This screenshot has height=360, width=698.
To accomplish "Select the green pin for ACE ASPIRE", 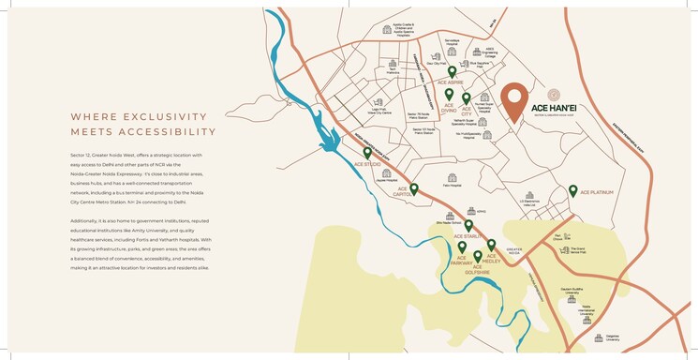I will click(453, 72).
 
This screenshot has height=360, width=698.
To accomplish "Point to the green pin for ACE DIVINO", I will click(449, 95).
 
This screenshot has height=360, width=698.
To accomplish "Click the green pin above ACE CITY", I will click(466, 98).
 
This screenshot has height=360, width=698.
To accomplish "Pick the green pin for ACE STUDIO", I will click(367, 153).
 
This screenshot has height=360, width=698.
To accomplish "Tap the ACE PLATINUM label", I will click(596, 192).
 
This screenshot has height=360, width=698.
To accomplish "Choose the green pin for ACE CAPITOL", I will click(413, 188).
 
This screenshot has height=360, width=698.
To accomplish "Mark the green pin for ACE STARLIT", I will click(468, 225).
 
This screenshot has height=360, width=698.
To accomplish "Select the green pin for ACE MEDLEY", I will click(491, 245).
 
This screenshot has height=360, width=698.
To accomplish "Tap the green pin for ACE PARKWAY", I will click(462, 247).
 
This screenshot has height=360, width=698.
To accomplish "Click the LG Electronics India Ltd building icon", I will click(531, 190).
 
